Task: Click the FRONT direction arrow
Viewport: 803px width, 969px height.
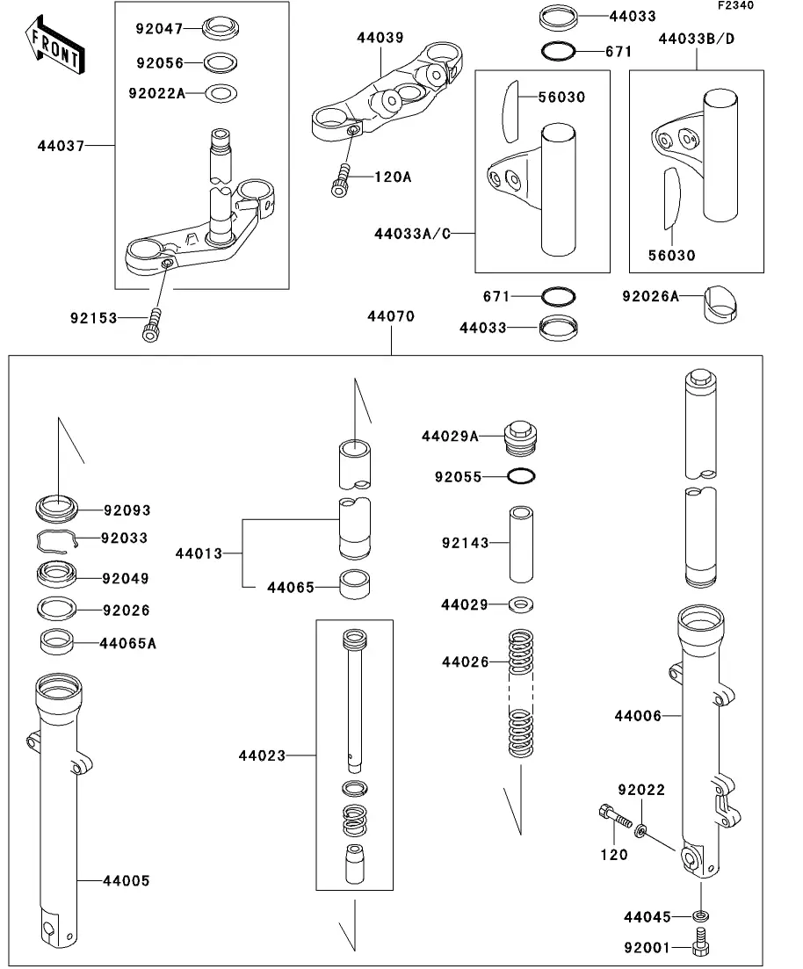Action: coord(54,46)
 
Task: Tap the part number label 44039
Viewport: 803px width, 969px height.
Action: coord(380,38)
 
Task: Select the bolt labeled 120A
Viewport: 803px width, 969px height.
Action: coord(341,180)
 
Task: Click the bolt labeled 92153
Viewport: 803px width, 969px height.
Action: coord(152,325)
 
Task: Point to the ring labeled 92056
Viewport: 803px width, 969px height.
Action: coord(220,63)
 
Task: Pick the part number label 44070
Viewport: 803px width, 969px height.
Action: coord(391,316)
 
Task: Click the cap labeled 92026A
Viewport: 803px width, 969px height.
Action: coord(720,303)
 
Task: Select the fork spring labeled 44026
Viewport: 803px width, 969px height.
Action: coord(520,694)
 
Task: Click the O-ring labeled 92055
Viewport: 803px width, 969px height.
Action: coord(520,476)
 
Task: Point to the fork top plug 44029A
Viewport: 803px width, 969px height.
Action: coord(520,438)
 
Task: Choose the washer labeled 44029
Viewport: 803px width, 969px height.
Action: coord(520,605)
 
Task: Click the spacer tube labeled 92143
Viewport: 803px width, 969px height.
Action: coord(521,545)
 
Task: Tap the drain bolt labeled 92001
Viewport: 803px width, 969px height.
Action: coord(701,943)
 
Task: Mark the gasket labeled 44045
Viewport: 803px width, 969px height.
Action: coord(701,915)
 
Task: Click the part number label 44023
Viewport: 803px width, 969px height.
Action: coord(262,756)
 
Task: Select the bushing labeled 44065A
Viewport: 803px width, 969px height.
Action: coord(57,641)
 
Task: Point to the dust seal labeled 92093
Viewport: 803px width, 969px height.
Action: coord(57,508)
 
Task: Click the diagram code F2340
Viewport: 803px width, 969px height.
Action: coord(735,5)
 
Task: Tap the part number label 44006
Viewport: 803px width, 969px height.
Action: coord(638,716)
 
